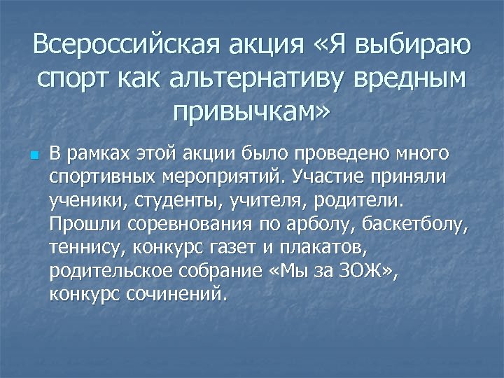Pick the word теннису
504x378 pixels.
click(83, 249)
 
